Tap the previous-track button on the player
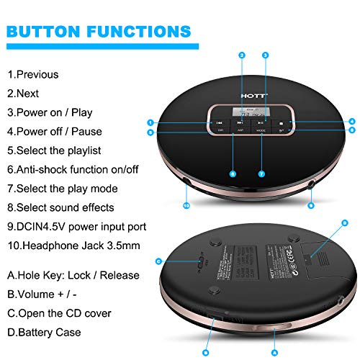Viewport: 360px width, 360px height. click(219, 123)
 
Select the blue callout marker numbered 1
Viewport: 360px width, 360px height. click(150, 122)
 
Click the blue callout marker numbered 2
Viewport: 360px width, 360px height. click(242, 55)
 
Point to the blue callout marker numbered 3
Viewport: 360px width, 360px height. click(265, 55)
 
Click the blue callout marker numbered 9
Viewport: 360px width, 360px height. click(310, 205)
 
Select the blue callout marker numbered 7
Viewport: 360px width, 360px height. click(261, 174)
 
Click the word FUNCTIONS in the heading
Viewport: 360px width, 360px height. click(141, 32)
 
